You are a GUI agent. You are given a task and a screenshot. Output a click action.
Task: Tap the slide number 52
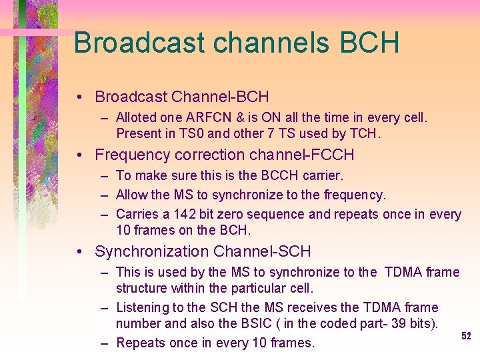[466, 337]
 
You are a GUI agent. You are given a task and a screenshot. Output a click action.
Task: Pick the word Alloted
[137, 117]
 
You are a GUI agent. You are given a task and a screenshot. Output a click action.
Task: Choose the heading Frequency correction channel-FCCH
[224, 155]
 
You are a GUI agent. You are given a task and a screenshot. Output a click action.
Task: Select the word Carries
[137, 214]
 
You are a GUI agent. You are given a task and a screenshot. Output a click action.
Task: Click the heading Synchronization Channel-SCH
[203, 251]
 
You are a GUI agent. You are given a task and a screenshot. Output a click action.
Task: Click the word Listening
[143, 307]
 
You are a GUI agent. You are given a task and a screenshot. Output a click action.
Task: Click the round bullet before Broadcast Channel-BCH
[79, 97]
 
